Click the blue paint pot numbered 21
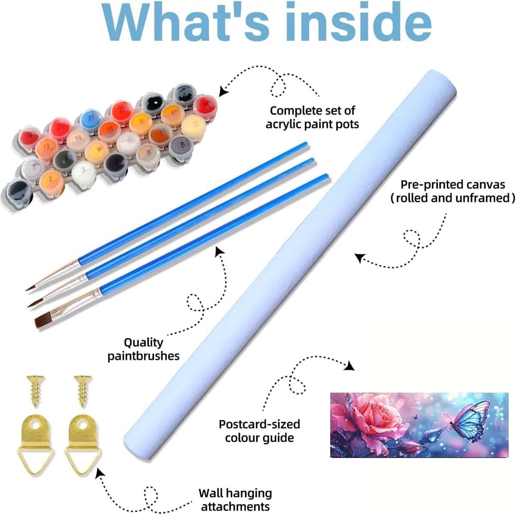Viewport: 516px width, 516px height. tap(91, 119)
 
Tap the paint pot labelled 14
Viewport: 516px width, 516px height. tap(78, 139)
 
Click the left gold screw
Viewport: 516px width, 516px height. tap(35, 391)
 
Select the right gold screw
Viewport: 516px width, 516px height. tap(83, 391)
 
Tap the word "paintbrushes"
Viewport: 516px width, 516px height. tap(144, 356)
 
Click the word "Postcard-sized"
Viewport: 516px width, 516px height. tap(259, 424)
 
